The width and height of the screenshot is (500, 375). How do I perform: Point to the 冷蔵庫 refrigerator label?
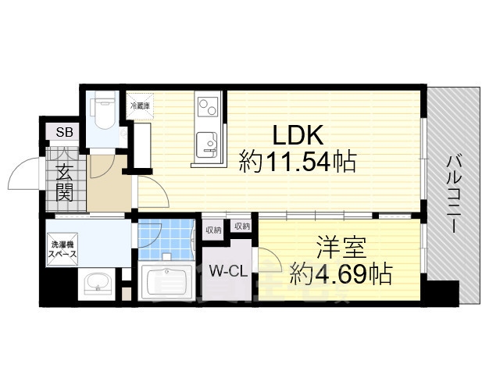(x=139, y=102)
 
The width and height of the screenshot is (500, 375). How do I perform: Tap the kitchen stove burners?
(x=207, y=106)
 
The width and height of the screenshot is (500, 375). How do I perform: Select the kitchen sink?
(x=208, y=142)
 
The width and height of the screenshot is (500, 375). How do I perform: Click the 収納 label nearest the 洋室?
(x=241, y=227)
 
